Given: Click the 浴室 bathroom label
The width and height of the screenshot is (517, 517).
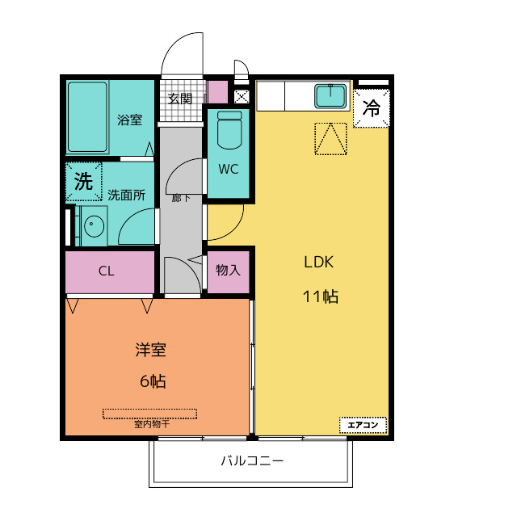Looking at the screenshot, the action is click(129, 120).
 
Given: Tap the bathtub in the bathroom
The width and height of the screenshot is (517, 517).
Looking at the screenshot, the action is click(88, 117).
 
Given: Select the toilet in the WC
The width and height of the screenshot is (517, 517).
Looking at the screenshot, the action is click(229, 130).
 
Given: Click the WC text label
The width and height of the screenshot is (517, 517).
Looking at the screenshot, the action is click(228, 169).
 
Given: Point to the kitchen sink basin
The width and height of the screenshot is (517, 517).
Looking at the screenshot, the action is click(330, 96).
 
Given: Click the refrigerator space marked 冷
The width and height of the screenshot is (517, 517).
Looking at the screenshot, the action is click(372, 107).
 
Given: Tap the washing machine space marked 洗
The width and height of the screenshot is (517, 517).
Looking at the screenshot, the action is click(83, 181).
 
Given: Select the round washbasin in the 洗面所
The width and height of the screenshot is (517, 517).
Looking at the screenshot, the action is click(95, 226).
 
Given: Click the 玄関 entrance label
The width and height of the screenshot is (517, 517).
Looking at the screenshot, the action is click(180, 99).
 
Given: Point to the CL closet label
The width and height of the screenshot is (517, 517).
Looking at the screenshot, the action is click(106, 271).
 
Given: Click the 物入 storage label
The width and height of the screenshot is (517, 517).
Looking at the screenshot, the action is click(228, 270).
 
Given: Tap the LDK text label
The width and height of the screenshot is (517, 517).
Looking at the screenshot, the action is click(318, 262).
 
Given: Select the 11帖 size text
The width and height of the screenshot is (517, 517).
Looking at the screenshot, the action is click(321, 296).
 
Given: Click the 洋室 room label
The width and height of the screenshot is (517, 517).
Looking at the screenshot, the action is click(151, 350).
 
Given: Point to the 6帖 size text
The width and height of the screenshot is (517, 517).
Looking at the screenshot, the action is click(153, 381).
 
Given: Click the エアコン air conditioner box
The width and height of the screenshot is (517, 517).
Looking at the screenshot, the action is click(363, 425).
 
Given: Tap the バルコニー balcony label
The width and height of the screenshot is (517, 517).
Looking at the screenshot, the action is click(252, 460).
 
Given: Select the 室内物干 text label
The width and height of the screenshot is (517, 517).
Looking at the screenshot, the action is click(152, 423).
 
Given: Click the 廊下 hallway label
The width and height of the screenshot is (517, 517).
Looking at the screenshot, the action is click(181, 198).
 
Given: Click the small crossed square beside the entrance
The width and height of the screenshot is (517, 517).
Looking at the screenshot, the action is click(242, 97).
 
